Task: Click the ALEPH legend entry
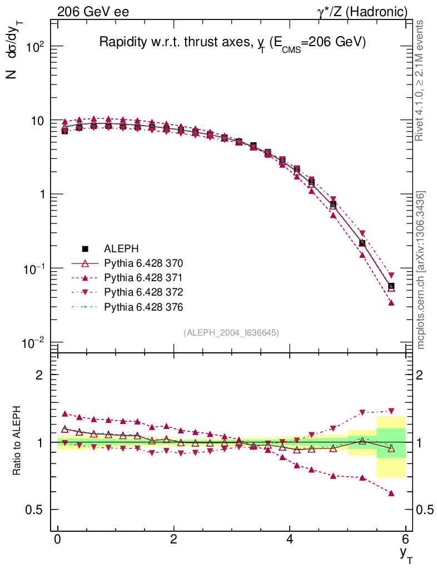[x=120, y=248]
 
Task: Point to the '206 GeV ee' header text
[x=93, y=11]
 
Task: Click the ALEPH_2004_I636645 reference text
[x=231, y=332]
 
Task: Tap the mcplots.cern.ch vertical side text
[x=421, y=270]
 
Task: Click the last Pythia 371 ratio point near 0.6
[x=391, y=493]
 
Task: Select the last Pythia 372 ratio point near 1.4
[x=391, y=411]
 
